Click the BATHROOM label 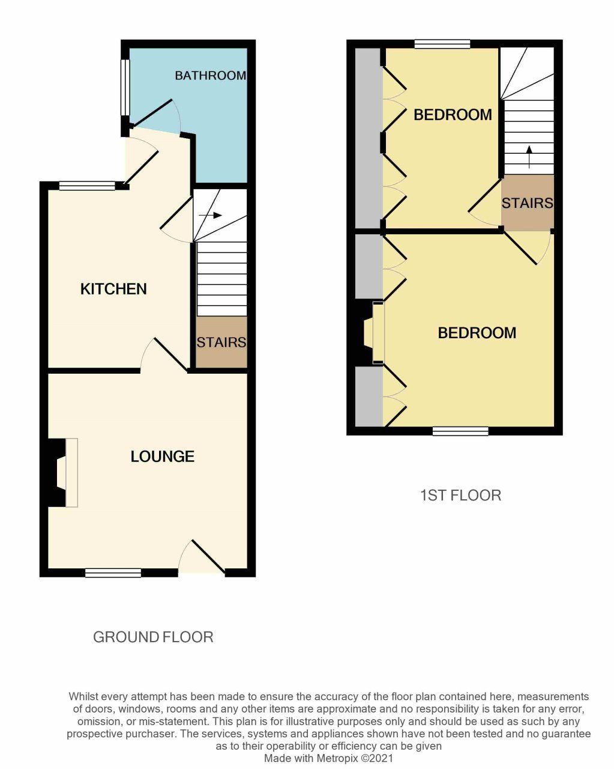(x=210, y=76)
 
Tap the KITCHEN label (x=113, y=289)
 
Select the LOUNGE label (x=163, y=457)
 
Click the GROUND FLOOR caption (x=153, y=637)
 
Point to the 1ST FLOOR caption (x=460, y=496)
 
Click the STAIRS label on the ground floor (x=221, y=342)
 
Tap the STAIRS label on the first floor (x=528, y=203)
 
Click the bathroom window (x=125, y=87)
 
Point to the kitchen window (x=87, y=186)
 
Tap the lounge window (x=113, y=573)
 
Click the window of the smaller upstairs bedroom (x=442, y=44)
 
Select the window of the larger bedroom (x=460, y=431)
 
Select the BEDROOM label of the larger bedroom (x=477, y=333)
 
